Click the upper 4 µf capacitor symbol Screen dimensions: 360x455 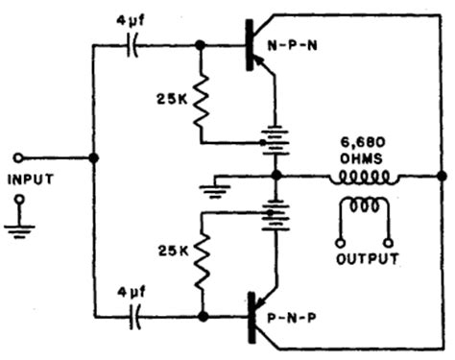[x=133, y=45]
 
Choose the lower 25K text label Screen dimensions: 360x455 [x=167, y=251]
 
